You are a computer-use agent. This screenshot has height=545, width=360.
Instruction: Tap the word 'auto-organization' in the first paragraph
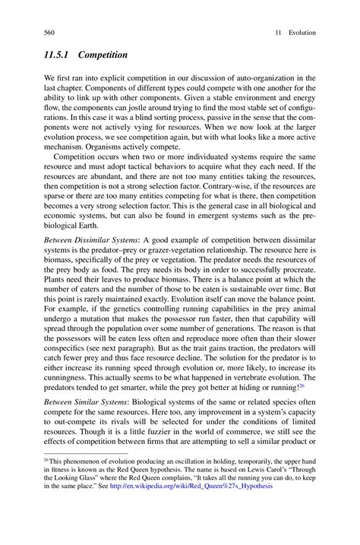click(x=249, y=77)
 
